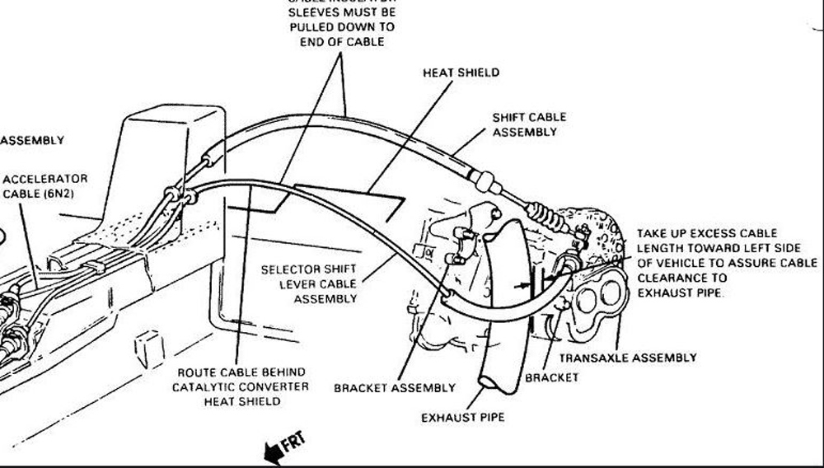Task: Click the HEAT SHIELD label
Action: pos(461,73)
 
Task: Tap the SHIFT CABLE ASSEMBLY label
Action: pos(529,124)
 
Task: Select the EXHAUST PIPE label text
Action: pos(463,418)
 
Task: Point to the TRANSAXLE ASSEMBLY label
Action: pos(628,358)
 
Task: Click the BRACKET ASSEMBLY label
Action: pos(394,387)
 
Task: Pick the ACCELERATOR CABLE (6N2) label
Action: pos(44,186)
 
